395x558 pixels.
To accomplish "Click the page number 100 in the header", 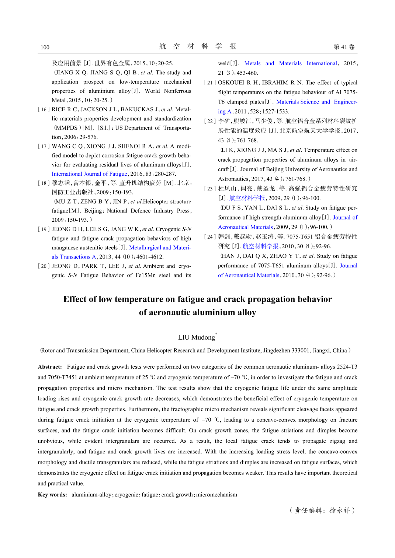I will [x=45, y=47].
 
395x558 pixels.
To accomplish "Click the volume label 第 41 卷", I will [x=344, y=47].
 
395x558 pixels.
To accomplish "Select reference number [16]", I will [x=44, y=109].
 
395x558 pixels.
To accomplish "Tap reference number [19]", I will [x=44, y=229].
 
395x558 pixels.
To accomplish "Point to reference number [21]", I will [x=210, y=83].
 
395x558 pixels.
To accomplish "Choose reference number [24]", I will [x=210, y=237].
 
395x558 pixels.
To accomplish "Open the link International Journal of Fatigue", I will [x=89, y=174].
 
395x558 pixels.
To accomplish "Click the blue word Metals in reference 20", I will [x=252, y=63].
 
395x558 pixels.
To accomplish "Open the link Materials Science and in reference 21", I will [x=303, y=102].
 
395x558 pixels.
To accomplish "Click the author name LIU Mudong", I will [x=196, y=337].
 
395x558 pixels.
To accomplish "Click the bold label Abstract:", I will [x=50, y=367].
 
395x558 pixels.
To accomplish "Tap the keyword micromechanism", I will [x=216, y=495].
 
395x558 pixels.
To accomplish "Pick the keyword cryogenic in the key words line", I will [x=127, y=495].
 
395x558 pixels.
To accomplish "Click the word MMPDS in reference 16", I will [x=66, y=128].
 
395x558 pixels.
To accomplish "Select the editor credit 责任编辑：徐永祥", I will [x=322, y=510].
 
